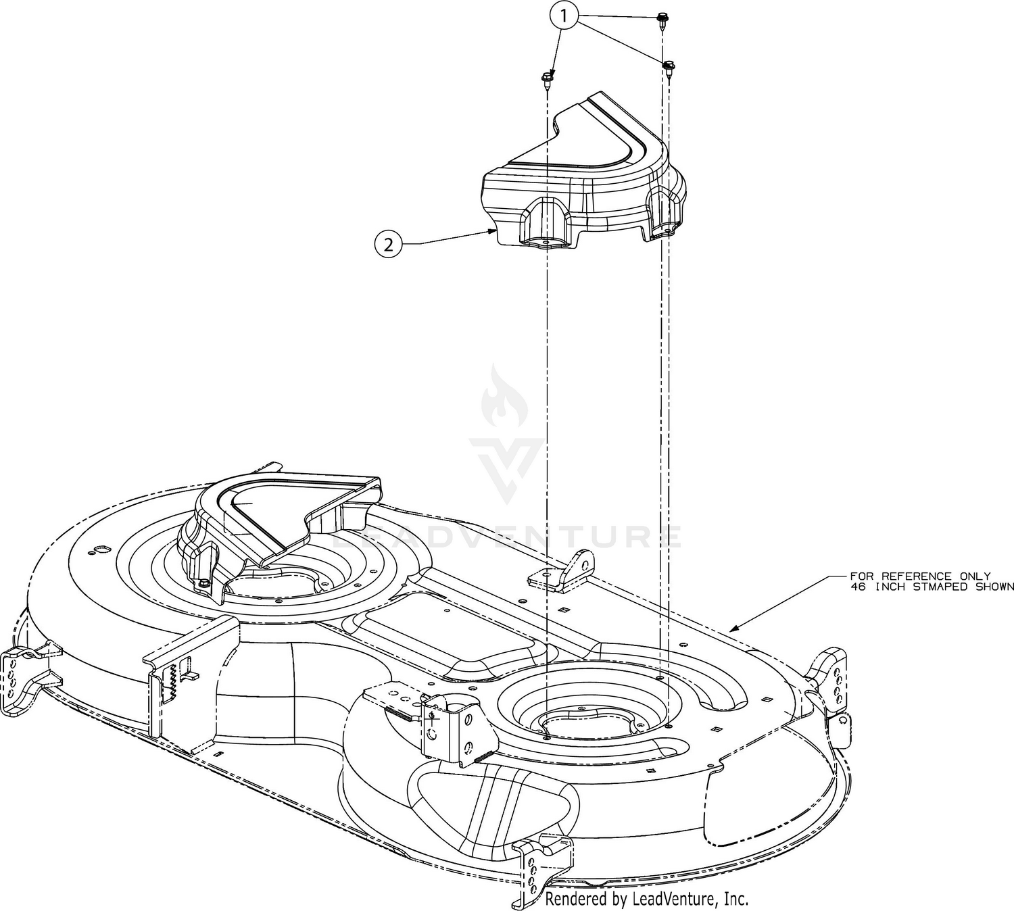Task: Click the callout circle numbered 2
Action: pos(388,245)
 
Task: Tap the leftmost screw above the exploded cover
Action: pos(546,80)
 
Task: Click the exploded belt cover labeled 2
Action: pos(582,172)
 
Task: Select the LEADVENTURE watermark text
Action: pos(506,537)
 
